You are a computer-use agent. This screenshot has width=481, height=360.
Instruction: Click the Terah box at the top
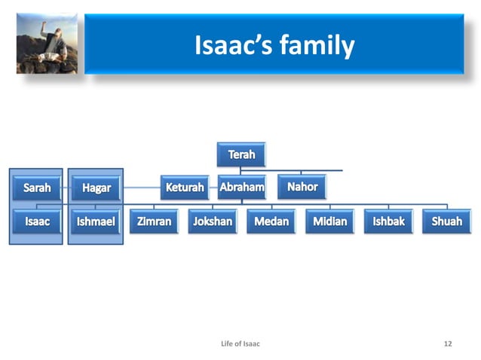click(241, 155)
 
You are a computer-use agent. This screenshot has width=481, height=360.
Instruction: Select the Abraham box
click(241, 187)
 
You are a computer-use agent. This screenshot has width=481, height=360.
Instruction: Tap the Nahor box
click(302, 187)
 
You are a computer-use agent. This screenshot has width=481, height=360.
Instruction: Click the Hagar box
click(96, 188)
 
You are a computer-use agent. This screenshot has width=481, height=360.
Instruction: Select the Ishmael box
click(96, 221)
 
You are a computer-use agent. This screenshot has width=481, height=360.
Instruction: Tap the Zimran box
click(154, 221)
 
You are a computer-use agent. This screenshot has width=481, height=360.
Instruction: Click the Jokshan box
click(213, 221)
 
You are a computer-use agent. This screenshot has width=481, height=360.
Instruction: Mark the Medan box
click(271, 221)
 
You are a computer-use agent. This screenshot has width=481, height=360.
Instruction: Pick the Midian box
click(330, 221)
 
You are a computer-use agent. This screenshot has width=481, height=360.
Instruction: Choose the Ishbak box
click(388, 221)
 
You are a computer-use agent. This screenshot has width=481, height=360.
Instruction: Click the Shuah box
click(447, 221)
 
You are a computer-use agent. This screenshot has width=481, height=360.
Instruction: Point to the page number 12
click(448, 343)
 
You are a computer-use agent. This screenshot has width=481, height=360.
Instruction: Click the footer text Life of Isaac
click(240, 343)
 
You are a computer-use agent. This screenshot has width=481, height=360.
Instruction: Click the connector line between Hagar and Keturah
click(141, 187)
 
